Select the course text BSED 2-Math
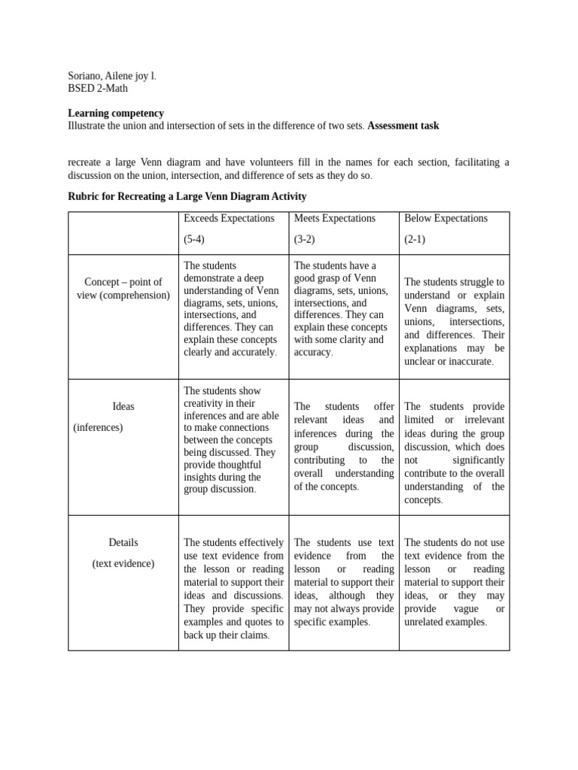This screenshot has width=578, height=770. pos(98,89)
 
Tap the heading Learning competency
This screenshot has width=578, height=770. pos(116,114)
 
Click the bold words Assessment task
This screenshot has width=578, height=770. pos(403,126)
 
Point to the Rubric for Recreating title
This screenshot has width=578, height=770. pos(187,196)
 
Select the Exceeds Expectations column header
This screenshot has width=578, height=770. pos(229,218)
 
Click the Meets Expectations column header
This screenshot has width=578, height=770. pos(334,218)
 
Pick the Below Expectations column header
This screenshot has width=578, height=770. pos(446,218)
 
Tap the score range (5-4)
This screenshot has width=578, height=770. pos(194,239)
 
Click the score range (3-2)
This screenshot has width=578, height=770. pos(305,239)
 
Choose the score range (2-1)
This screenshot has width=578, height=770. pos(415,239)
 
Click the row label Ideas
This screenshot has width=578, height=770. pos(123,406)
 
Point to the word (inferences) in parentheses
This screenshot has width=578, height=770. pos(98,427)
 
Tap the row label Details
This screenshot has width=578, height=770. pos(123,542)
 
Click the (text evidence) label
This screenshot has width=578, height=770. pos(123,563)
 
